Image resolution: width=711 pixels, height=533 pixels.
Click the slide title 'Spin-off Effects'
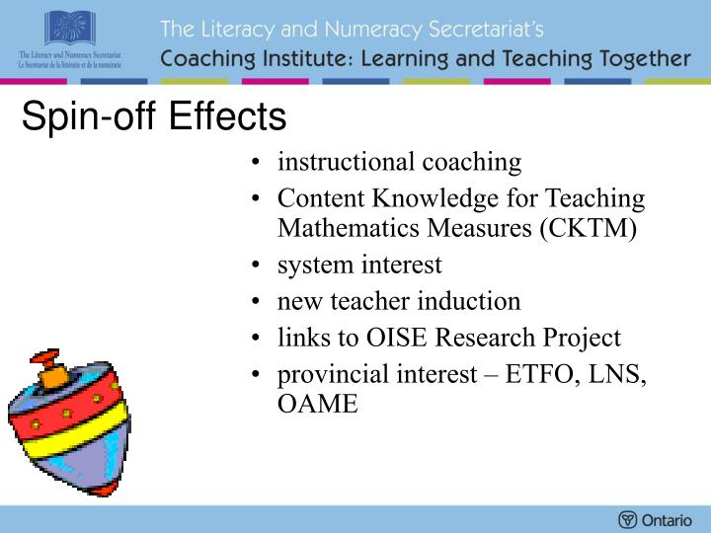[x=154, y=117]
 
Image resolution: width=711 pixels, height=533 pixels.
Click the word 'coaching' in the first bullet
[x=473, y=162]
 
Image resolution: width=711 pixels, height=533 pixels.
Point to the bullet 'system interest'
[x=359, y=265]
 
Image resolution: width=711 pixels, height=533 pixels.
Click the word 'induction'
[x=473, y=301]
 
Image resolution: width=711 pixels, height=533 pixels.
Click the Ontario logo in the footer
[x=655, y=519]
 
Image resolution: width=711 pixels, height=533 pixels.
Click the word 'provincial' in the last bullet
[x=327, y=374]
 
